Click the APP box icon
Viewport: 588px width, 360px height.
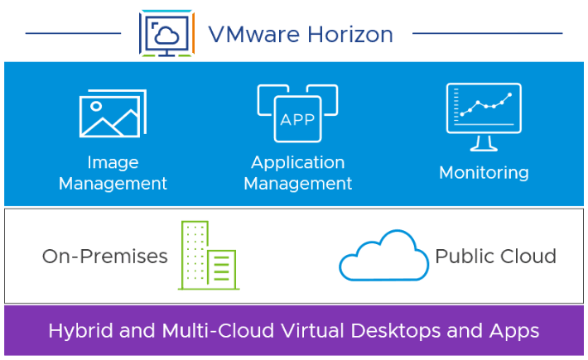[x=297, y=115]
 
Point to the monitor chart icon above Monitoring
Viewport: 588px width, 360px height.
[x=484, y=116]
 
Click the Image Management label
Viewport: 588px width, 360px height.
[x=113, y=173]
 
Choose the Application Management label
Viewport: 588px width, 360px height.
[x=298, y=173]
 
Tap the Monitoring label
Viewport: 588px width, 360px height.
[x=484, y=173]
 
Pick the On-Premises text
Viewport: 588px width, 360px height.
[x=104, y=257]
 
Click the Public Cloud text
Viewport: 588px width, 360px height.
[x=495, y=257]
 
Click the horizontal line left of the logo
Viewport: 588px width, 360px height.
[x=74, y=34]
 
